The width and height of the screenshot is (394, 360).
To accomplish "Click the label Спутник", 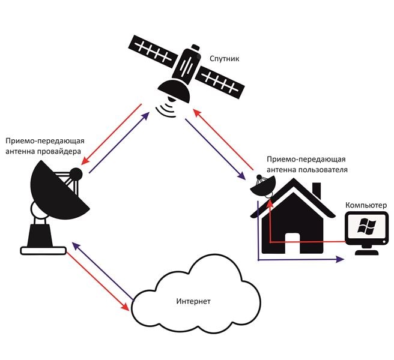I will coord(224,60).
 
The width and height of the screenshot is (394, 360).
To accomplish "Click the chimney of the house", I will coord(317,191).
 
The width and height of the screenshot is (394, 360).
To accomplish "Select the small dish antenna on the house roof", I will coord(262,187).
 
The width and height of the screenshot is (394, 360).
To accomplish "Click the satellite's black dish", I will coord(175,91).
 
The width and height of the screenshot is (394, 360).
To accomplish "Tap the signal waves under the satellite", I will coord(166,109).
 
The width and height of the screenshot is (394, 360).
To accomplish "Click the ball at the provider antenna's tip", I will coord(76,175).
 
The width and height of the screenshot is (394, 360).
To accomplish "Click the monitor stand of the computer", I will coord(366,250).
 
